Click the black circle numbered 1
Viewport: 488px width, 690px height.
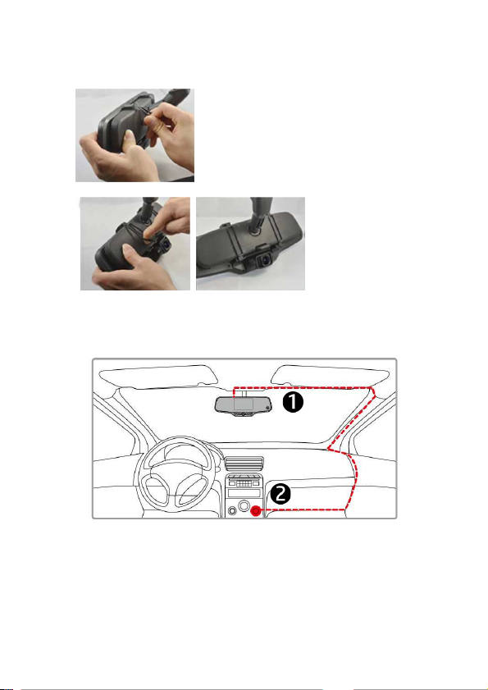pyautogui.click(x=293, y=402)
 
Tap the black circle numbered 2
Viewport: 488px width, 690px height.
pyautogui.click(x=280, y=494)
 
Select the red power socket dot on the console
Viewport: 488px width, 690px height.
pyautogui.click(x=255, y=510)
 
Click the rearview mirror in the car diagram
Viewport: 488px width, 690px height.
pyautogui.click(x=244, y=406)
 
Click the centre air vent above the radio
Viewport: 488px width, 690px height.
pyautogui.click(x=244, y=464)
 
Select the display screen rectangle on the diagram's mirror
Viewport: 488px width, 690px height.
pyautogui.click(x=243, y=404)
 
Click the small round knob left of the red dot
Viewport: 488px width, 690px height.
pyautogui.click(x=232, y=510)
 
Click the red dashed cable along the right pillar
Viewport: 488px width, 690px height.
pyautogui.click(x=351, y=419)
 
